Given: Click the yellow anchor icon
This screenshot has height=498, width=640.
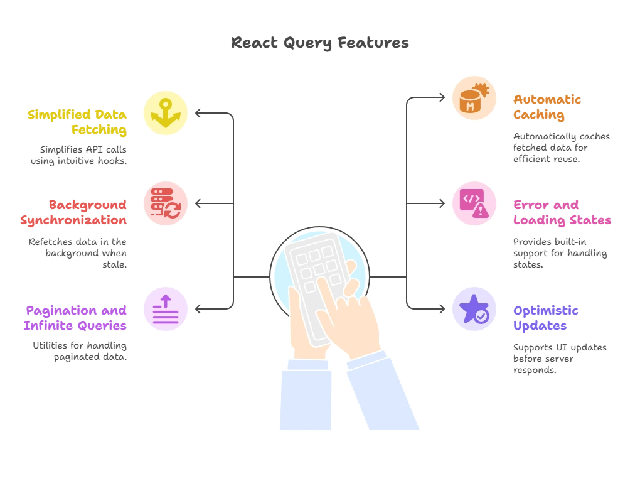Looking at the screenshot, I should coord(166,113).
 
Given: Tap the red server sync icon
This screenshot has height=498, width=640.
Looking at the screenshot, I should coord(166,203).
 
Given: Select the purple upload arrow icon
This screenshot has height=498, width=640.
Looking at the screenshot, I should coord(166,308).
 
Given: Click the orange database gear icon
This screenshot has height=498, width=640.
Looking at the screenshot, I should coord(474,99).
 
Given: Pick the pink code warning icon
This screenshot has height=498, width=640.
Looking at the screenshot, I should coord(474,203).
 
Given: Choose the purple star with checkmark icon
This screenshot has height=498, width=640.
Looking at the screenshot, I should coord(474,308).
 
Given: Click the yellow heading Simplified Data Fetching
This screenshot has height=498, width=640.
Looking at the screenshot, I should coord(78,122).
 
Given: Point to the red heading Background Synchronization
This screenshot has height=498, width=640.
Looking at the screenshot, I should coord(74,212).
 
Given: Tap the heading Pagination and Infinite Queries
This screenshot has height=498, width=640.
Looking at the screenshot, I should coord(75,317).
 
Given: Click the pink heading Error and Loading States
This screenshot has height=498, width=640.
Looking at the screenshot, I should coord(562,212).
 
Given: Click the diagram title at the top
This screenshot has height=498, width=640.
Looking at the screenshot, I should coord(320,43).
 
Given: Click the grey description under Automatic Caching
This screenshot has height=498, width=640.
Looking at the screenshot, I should coord(562,148).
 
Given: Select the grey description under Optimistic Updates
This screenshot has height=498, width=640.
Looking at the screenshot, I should coord(559,359).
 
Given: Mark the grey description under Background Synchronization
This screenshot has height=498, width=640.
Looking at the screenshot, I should coord(78,253).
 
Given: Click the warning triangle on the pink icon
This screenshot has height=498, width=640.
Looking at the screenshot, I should coord(481,211).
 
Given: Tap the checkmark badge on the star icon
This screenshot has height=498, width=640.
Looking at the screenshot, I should coord(482,317).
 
